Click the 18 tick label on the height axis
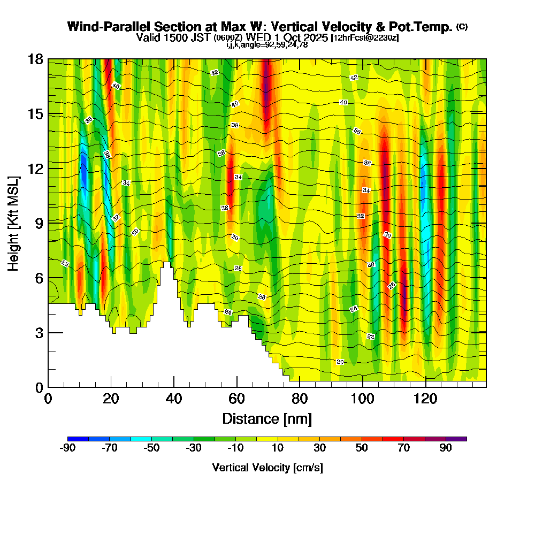tap(35, 59)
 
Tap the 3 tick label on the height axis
tap(39, 333)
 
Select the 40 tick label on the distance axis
tap(174, 399)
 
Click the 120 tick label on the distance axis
tap(426, 399)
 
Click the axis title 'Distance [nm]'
tap(267, 418)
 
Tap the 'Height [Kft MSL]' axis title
tap(14, 223)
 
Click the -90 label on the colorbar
tap(67, 448)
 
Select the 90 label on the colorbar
tap(446, 448)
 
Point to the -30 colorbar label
tap(194, 448)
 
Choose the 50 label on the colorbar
tap(362, 448)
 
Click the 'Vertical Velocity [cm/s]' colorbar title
tap(267, 468)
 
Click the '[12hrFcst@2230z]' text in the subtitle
tap(365, 37)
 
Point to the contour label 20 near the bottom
tap(340, 362)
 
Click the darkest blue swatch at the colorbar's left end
tap(78, 439)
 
